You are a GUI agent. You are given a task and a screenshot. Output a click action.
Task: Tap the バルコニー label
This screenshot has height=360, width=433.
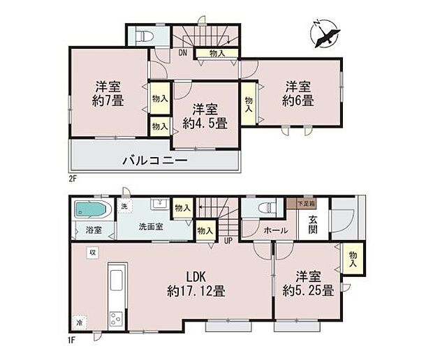[154, 160]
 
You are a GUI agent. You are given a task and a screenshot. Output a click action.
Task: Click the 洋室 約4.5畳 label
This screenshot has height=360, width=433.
[205, 117]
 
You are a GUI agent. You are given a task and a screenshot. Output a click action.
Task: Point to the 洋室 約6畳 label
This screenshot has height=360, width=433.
[298, 93]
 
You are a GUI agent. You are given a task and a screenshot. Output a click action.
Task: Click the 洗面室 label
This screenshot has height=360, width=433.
[150, 227]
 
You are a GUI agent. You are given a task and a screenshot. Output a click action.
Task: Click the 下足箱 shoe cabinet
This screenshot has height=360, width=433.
[304, 203]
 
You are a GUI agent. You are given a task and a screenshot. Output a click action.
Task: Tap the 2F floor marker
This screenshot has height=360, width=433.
[72, 178]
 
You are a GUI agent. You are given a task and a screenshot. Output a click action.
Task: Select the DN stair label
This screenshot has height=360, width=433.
[183, 52]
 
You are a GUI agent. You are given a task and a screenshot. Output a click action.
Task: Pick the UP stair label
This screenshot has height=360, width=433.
[228, 241]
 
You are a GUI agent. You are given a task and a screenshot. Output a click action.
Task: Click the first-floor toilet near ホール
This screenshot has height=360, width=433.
[266, 207]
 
